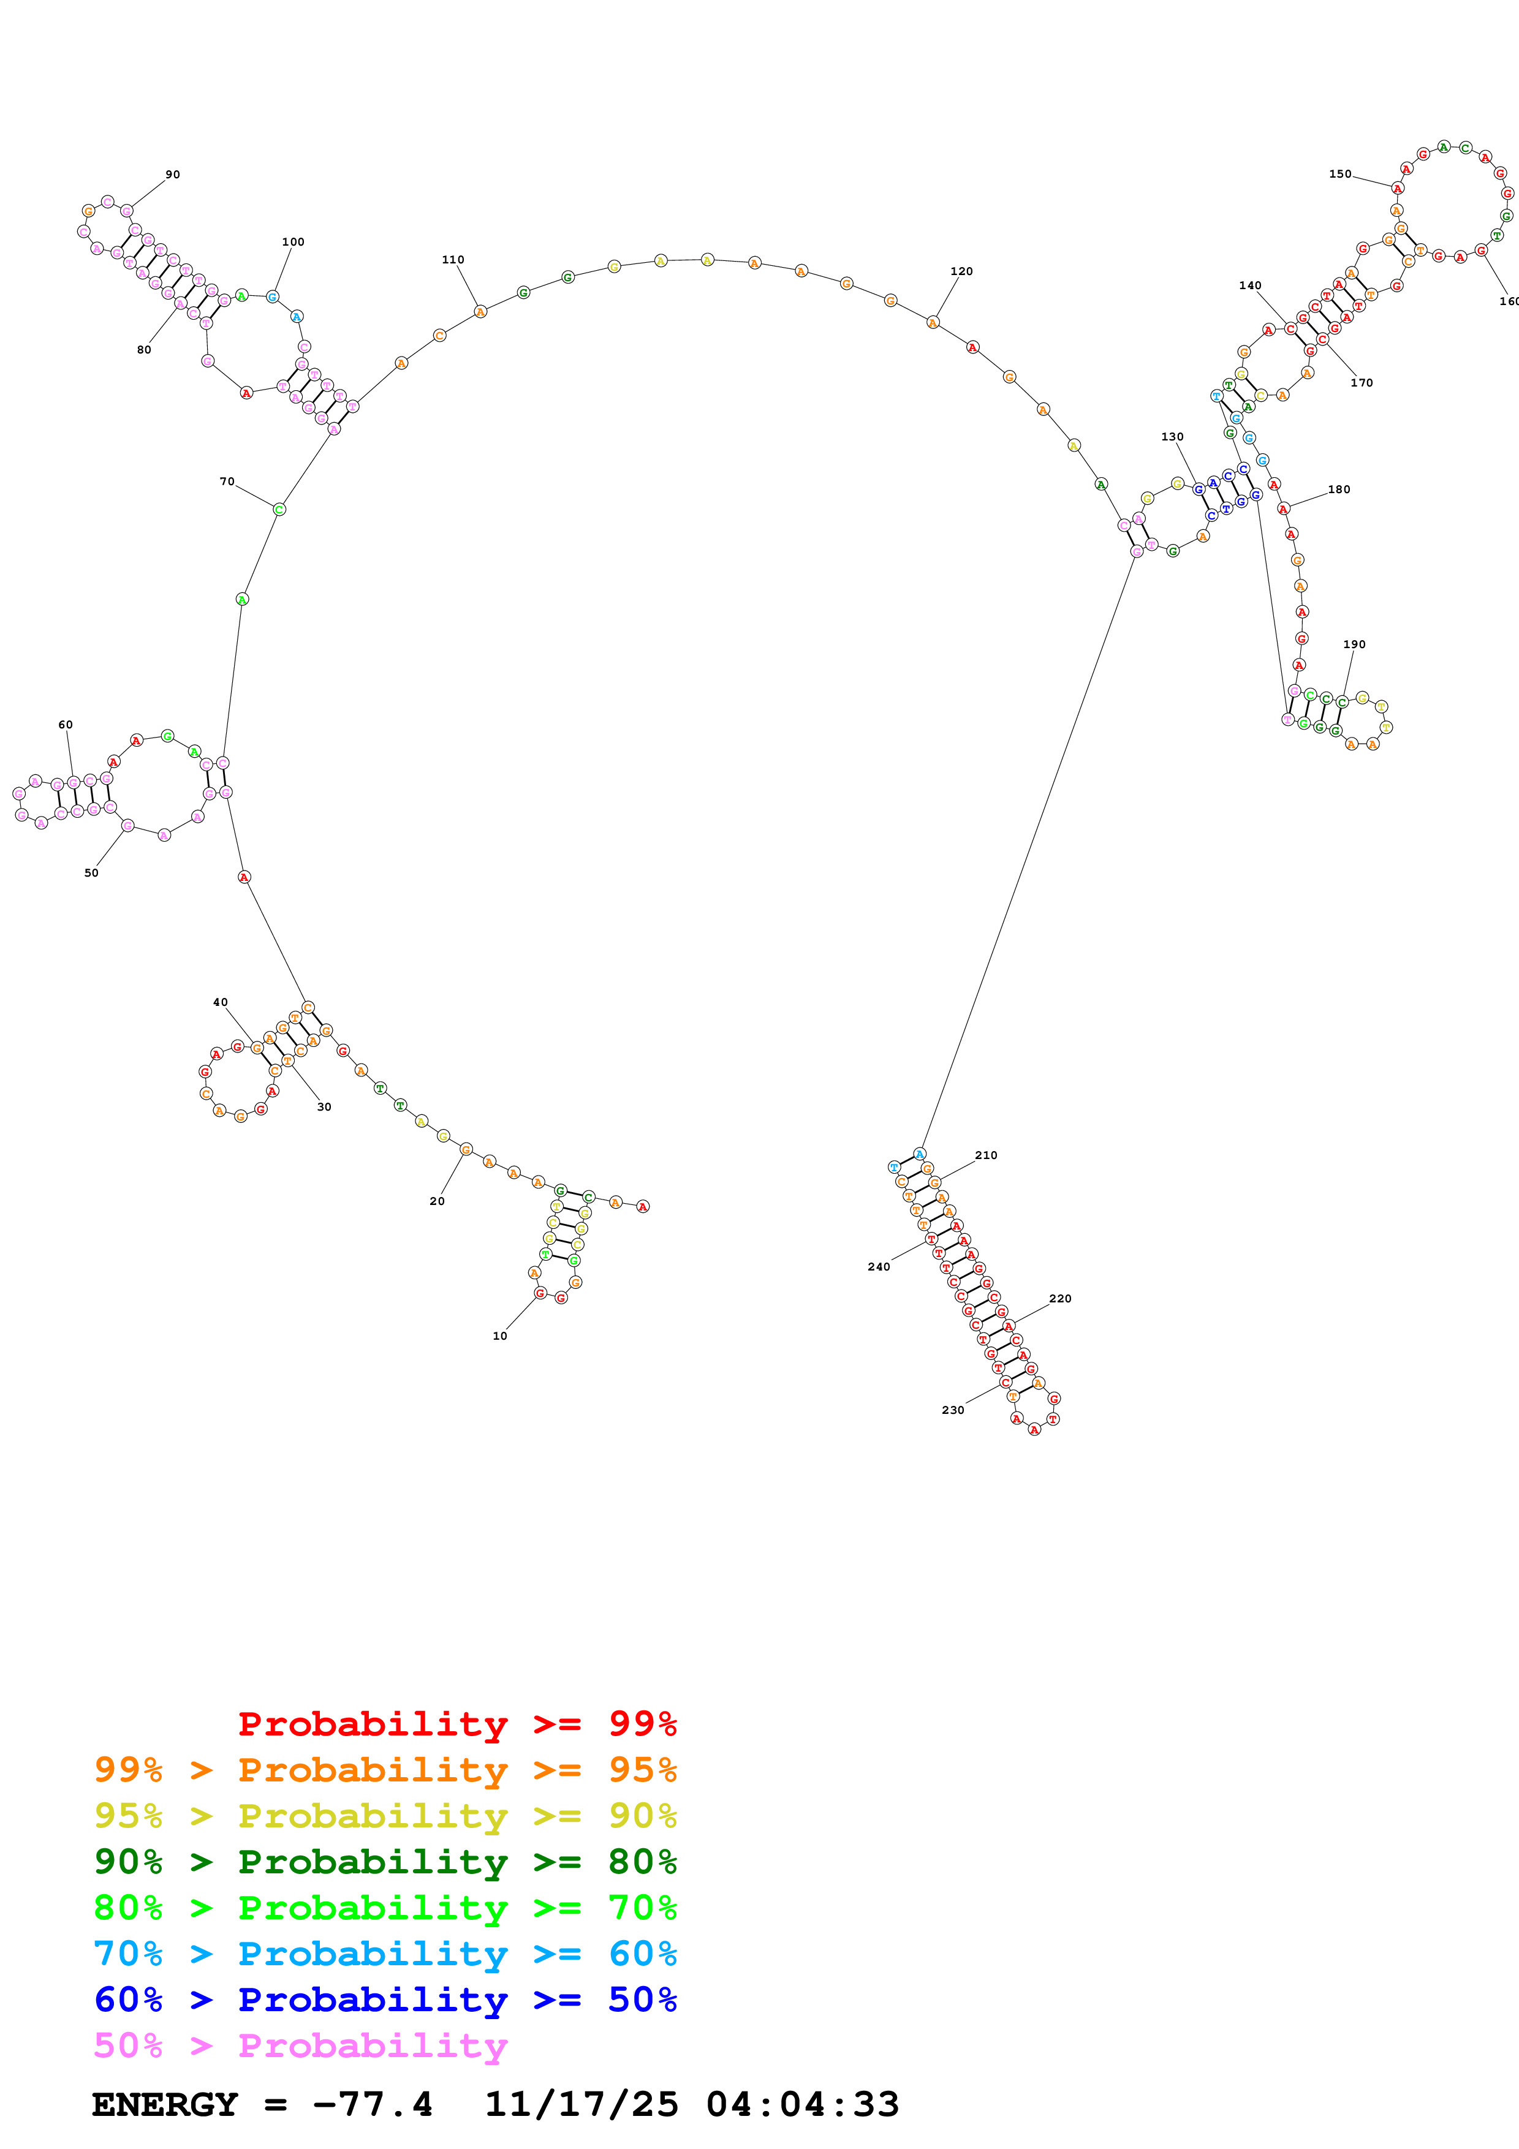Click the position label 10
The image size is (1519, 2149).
pyautogui.click(x=500, y=1335)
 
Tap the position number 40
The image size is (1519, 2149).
pyautogui.click(x=220, y=1002)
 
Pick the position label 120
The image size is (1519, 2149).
pyautogui.click(x=961, y=271)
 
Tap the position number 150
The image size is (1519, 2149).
pyautogui.click(x=1339, y=174)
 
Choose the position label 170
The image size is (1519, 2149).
pyautogui.click(x=1361, y=383)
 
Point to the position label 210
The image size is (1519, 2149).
pyautogui.click(x=985, y=1155)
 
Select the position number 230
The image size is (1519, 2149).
pyautogui.click(x=953, y=1410)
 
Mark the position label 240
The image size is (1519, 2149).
pyautogui.click(x=879, y=1266)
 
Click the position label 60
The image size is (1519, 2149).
pyautogui.click(x=66, y=725)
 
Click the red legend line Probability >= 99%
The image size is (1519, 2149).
pyautogui.click(x=456, y=1723)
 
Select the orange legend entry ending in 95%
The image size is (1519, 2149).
pyautogui.click(x=385, y=1769)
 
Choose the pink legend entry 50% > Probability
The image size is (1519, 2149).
pyautogui.click(x=300, y=2045)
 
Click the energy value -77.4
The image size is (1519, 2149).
pyautogui.click(x=373, y=2104)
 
